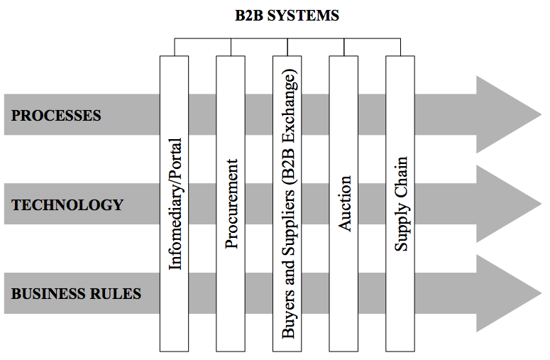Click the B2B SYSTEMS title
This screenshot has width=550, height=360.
(287, 16)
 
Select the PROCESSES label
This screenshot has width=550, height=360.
(57, 115)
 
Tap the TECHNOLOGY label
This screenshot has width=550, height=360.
(67, 205)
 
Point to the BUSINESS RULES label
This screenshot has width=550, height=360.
(77, 293)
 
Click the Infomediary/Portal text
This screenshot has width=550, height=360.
(175, 204)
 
